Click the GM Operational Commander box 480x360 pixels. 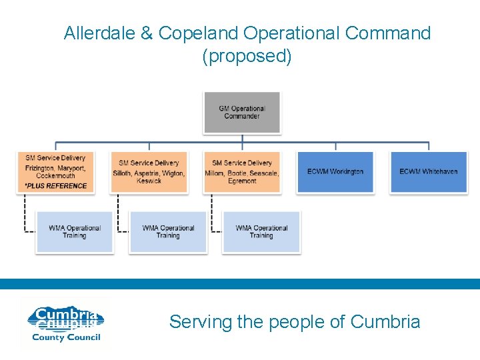(242, 112)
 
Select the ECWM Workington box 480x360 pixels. (335, 171)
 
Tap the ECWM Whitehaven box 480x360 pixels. (429, 171)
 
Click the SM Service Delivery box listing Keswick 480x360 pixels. (149, 171)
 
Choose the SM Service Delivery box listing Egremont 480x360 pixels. (242, 171)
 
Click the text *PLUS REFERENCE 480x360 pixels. (55, 186)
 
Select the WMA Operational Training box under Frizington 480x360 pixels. (75, 231)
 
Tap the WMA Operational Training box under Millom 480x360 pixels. (261, 231)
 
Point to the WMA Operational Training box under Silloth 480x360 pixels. (168, 231)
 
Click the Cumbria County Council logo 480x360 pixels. (65, 323)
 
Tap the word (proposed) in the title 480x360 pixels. (247, 56)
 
